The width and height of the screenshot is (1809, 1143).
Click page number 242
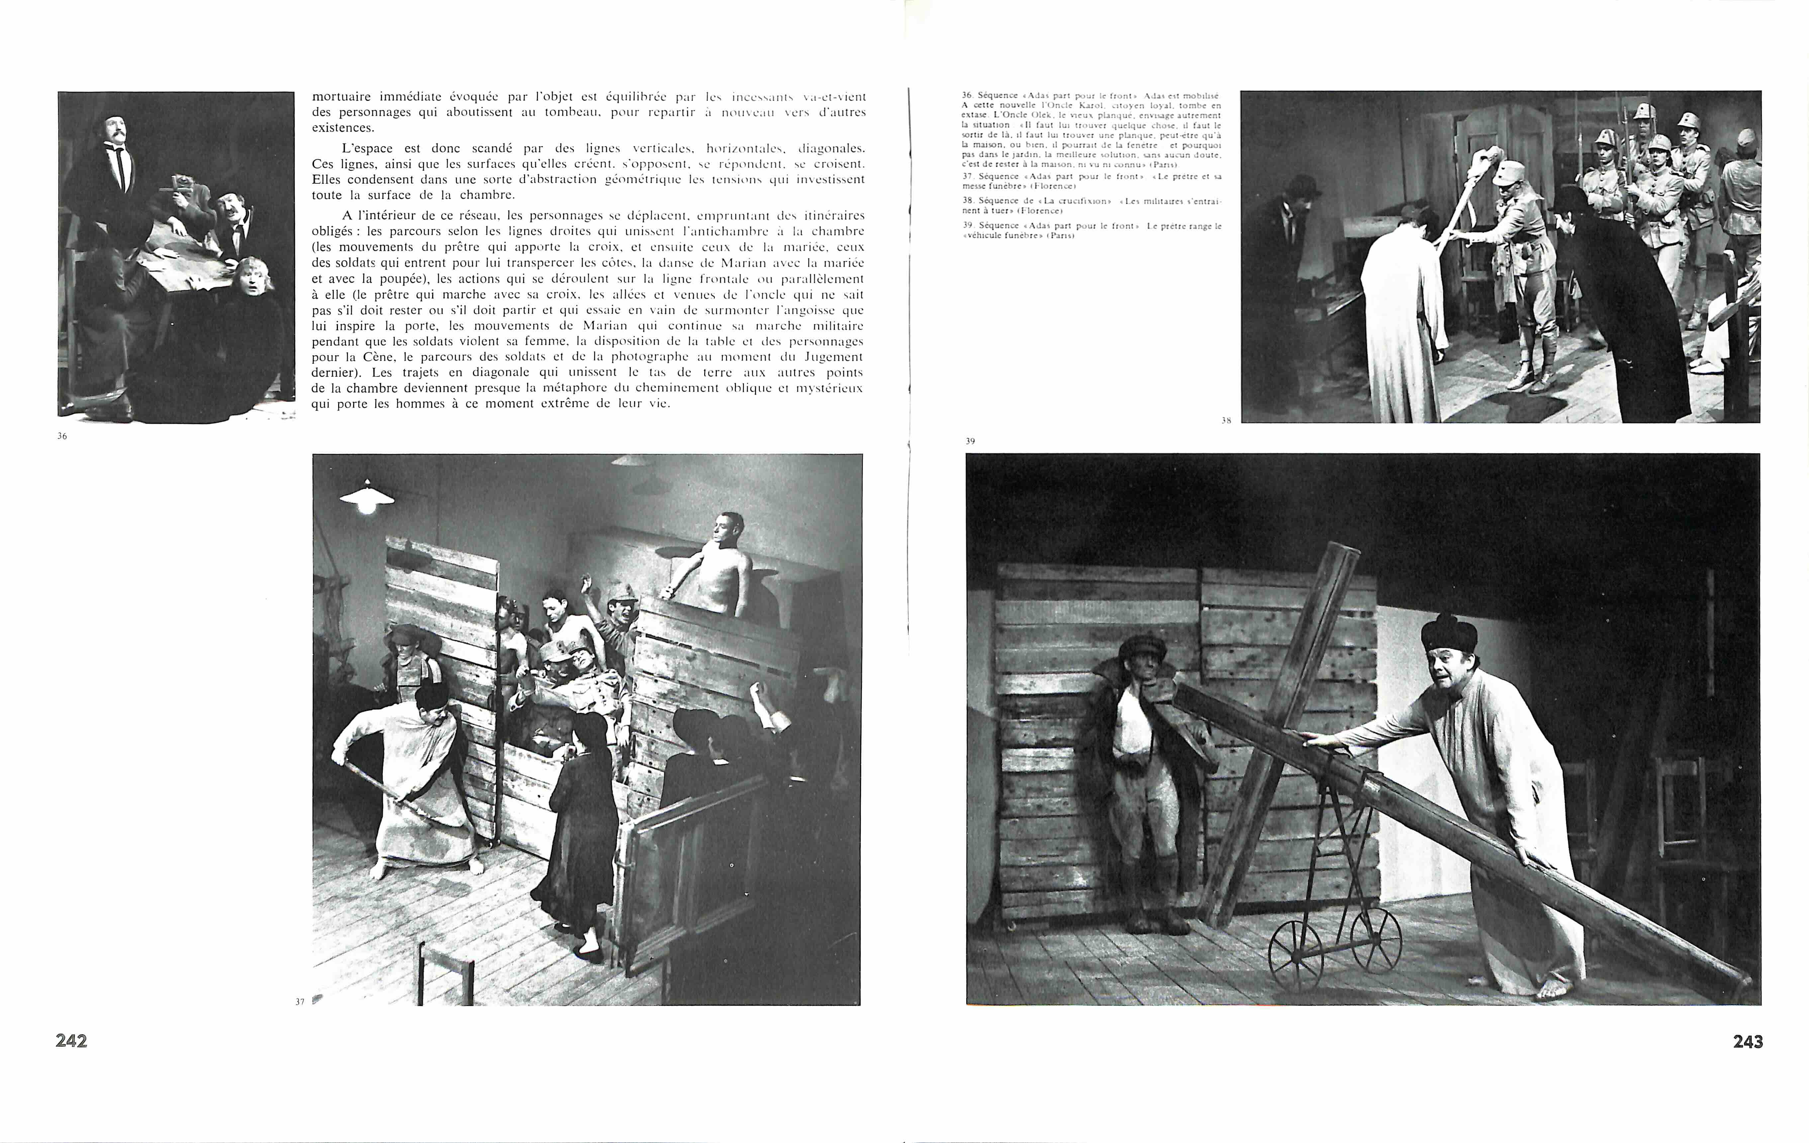71,1041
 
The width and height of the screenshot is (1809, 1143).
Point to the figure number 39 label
970,442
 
